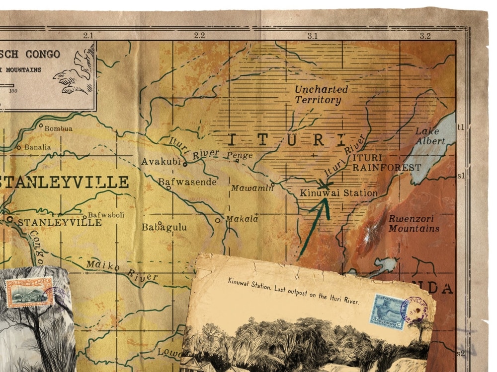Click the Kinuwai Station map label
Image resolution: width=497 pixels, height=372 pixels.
point(338,193)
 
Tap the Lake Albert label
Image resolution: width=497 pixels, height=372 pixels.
point(430,136)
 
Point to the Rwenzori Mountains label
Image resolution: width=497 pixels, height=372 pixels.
point(414,224)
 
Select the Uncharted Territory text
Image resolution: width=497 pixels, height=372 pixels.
point(321,95)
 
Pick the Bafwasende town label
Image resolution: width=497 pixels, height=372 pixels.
point(187,182)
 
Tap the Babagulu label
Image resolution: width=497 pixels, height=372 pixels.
point(164,227)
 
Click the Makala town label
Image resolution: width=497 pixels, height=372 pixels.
point(242,219)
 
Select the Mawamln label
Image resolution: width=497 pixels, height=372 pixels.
point(252,188)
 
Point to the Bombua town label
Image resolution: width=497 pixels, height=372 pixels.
point(58,128)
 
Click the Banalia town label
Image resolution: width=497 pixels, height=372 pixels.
point(37,147)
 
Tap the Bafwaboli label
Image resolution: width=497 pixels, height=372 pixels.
point(106,215)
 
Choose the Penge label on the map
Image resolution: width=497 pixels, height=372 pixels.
point(240,155)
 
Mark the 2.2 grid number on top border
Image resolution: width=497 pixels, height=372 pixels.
point(199,36)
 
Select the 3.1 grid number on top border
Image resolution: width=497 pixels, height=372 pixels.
point(312,36)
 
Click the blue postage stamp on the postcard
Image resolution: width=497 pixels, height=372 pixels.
point(388,311)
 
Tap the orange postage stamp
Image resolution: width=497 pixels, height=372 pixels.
point(30,292)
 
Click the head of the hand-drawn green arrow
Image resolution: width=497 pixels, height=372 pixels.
point(326,201)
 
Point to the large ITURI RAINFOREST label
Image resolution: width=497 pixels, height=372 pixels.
point(386,163)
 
